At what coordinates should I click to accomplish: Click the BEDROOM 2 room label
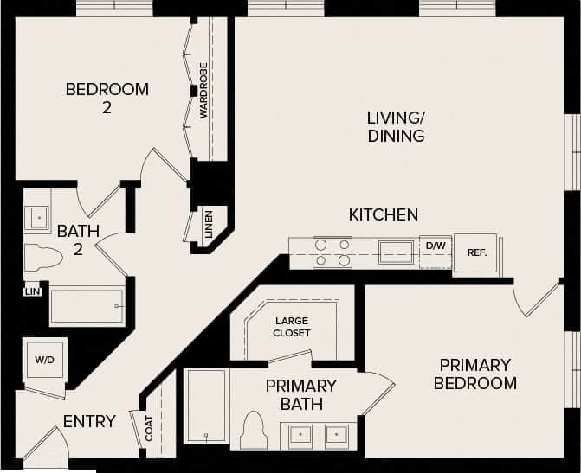(x=107, y=98)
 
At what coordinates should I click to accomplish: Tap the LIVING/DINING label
(x=396, y=126)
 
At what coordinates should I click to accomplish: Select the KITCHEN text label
(x=384, y=214)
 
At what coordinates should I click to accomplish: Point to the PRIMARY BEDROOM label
(x=475, y=374)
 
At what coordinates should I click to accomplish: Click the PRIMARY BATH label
(x=300, y=394)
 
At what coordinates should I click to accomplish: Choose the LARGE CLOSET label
(x=291, y=327)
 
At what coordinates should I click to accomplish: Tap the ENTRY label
(x=89, y=422)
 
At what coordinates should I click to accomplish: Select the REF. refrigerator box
(x=476, y=253)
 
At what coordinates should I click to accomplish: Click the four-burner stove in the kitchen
(x=332, y=252)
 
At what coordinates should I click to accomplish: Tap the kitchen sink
(x=397, y=252)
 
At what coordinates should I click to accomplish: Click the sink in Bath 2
(x=36, y=217)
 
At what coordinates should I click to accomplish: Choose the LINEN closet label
(x=209, y=226)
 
